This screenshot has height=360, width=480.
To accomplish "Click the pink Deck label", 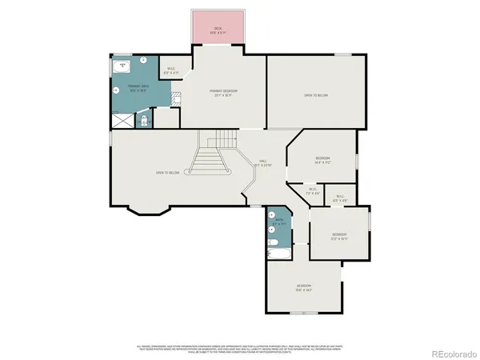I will (x=217, y=31).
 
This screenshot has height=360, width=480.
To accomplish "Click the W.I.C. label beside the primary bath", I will (x=171, y=70).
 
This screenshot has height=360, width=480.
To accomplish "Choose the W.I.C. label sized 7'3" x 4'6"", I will (x=312, y=192).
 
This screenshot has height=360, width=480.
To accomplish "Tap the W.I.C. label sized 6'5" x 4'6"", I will (x=340, y=198).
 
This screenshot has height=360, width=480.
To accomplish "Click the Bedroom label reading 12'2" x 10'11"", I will (x=339, y=237).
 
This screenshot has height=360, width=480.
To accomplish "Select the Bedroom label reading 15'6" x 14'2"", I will (x=304, y=288).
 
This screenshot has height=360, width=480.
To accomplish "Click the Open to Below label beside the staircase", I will (x=166, y=173).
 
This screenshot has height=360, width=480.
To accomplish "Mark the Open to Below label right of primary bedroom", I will (x=315, y=95).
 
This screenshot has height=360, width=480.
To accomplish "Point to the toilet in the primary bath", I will (x=145, y=120).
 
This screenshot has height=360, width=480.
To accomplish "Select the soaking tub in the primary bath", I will (x=123, y=66).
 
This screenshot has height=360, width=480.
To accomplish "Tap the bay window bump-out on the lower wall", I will (x=149, y=210).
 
